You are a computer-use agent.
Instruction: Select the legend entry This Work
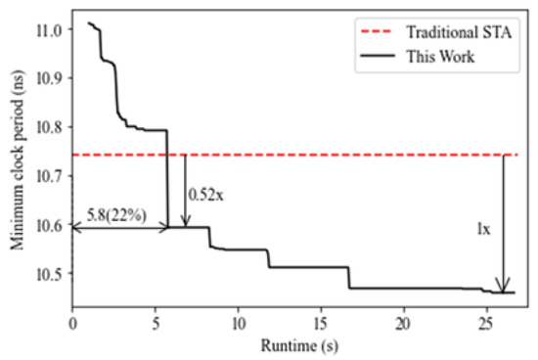click(441, 56)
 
